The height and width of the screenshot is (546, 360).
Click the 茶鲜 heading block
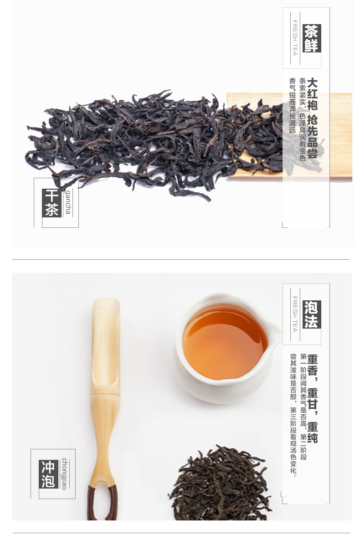(312, 38)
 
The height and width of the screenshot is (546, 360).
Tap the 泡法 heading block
(312, 314)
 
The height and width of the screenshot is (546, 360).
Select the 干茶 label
(52, 203)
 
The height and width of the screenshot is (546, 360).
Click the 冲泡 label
(48, 474)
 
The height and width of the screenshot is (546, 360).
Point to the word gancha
(68, 202)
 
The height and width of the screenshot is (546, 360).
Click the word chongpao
(64, 474)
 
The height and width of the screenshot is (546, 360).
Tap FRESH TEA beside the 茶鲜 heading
(295, 38)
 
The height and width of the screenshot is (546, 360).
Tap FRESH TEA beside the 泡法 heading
(295, 314)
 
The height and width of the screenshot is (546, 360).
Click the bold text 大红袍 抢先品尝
(313, 118)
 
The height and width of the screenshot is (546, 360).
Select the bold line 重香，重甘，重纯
(313, 398)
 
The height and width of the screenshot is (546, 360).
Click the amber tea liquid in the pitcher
(225, 342)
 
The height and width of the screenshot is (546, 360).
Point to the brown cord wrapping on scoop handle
(103, 502)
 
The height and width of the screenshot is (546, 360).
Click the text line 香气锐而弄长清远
(293, 107)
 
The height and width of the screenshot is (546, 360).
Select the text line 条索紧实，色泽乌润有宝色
(303, 119)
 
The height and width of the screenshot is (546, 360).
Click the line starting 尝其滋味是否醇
(293, 415)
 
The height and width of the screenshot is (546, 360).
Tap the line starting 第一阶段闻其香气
(303, 407)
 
